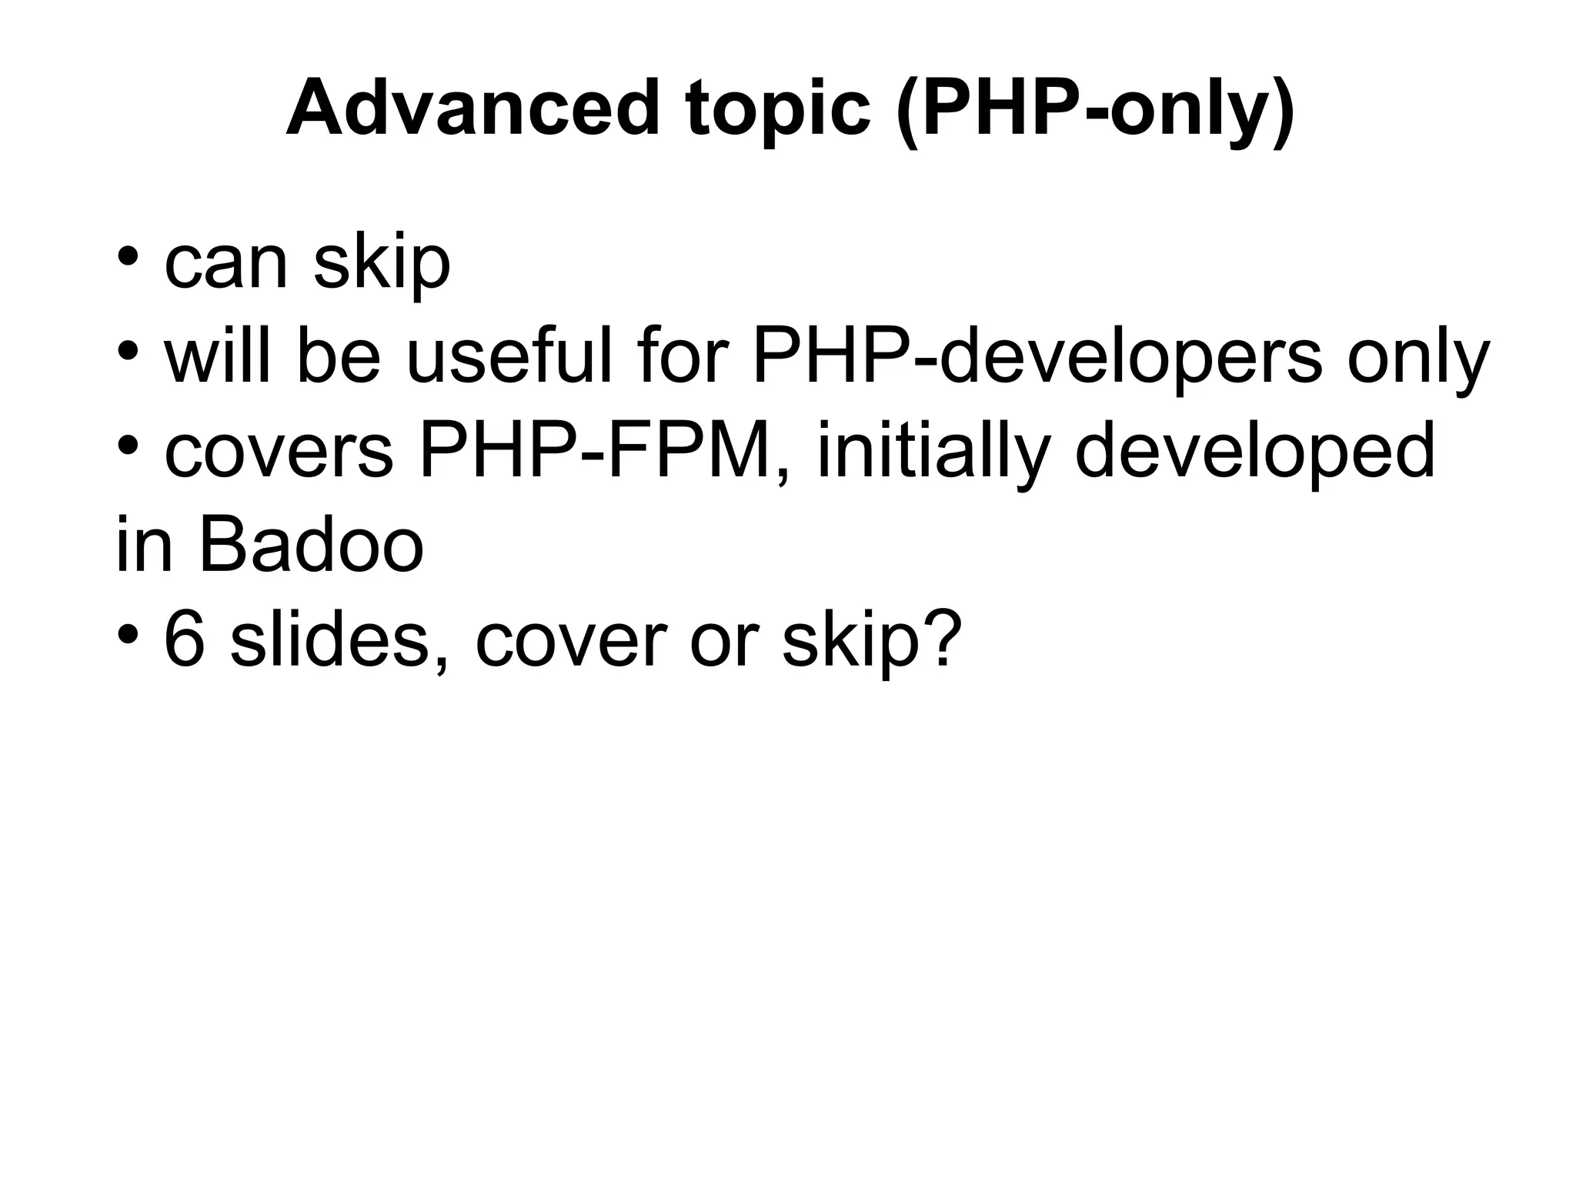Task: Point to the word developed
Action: (x=1254, y=452)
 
